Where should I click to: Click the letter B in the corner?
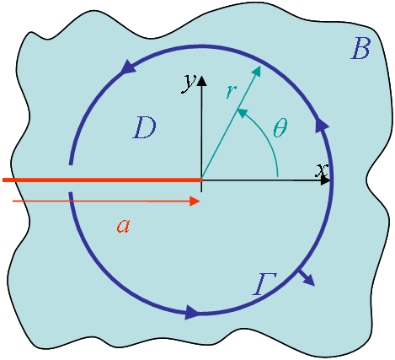click(x=360, y=49)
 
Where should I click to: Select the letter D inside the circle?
click(x=144, y=128)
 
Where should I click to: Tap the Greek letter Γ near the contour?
click(x=264, y=284)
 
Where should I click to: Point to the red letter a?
click(x=124, y=226)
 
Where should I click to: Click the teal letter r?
click(x=232, y=91)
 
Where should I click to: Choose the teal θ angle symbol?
click(x=280, y=127)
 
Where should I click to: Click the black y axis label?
click(x=189, y=83)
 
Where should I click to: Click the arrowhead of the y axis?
click(x=201, y=81)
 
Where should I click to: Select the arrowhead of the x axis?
click(x=325, y=180)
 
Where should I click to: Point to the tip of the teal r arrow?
click(x=260, y=67)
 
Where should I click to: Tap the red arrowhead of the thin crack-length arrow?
click(x=195, y=201)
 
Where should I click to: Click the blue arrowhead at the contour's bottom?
click(x=192, y=312)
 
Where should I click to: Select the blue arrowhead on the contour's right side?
click(x=323, y=125)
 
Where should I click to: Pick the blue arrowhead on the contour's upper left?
click(x=129, y=67)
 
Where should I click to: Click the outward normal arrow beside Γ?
click(x=306, y=277)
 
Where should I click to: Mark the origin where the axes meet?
click(x=201, y=180)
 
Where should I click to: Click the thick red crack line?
click(x=102, y=180)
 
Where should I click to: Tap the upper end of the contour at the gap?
click(x=71, y=164)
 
